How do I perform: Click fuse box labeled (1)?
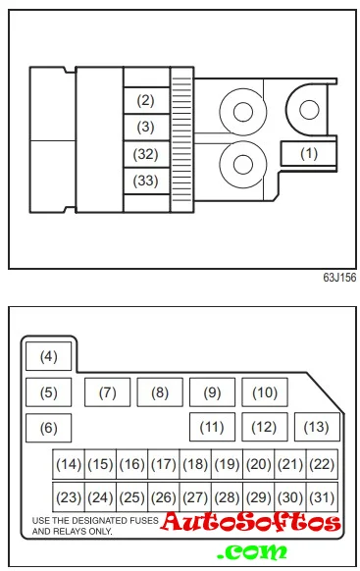coord(308,153)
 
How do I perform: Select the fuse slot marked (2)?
coord(146,100)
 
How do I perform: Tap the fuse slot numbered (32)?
coord(146,154)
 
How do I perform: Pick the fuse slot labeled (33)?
coord(146,181)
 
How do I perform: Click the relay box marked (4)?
coord(49,356)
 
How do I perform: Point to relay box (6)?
coord(49,428)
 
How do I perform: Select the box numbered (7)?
coord(107,392)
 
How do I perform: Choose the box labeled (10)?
coord(265,392)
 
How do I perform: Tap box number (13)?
coord(317,427)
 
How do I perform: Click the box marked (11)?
coord(212,427)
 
